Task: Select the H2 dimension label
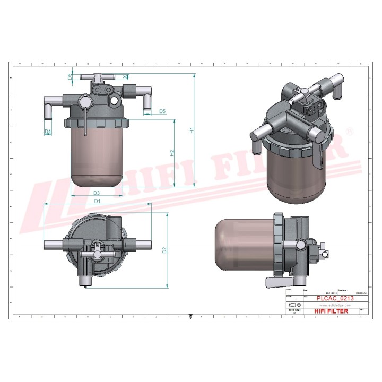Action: (172, 153)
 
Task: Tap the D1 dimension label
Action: (97, 201)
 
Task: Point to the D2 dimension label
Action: (164, 250)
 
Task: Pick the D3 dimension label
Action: (97, 193)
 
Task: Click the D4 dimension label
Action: (48, 131)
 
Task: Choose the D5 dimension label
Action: (162, 111)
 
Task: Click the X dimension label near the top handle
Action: (125, 77)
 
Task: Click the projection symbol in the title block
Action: (293, 306)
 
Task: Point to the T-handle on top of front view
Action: (98, 78)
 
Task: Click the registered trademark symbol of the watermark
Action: (350, 131)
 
